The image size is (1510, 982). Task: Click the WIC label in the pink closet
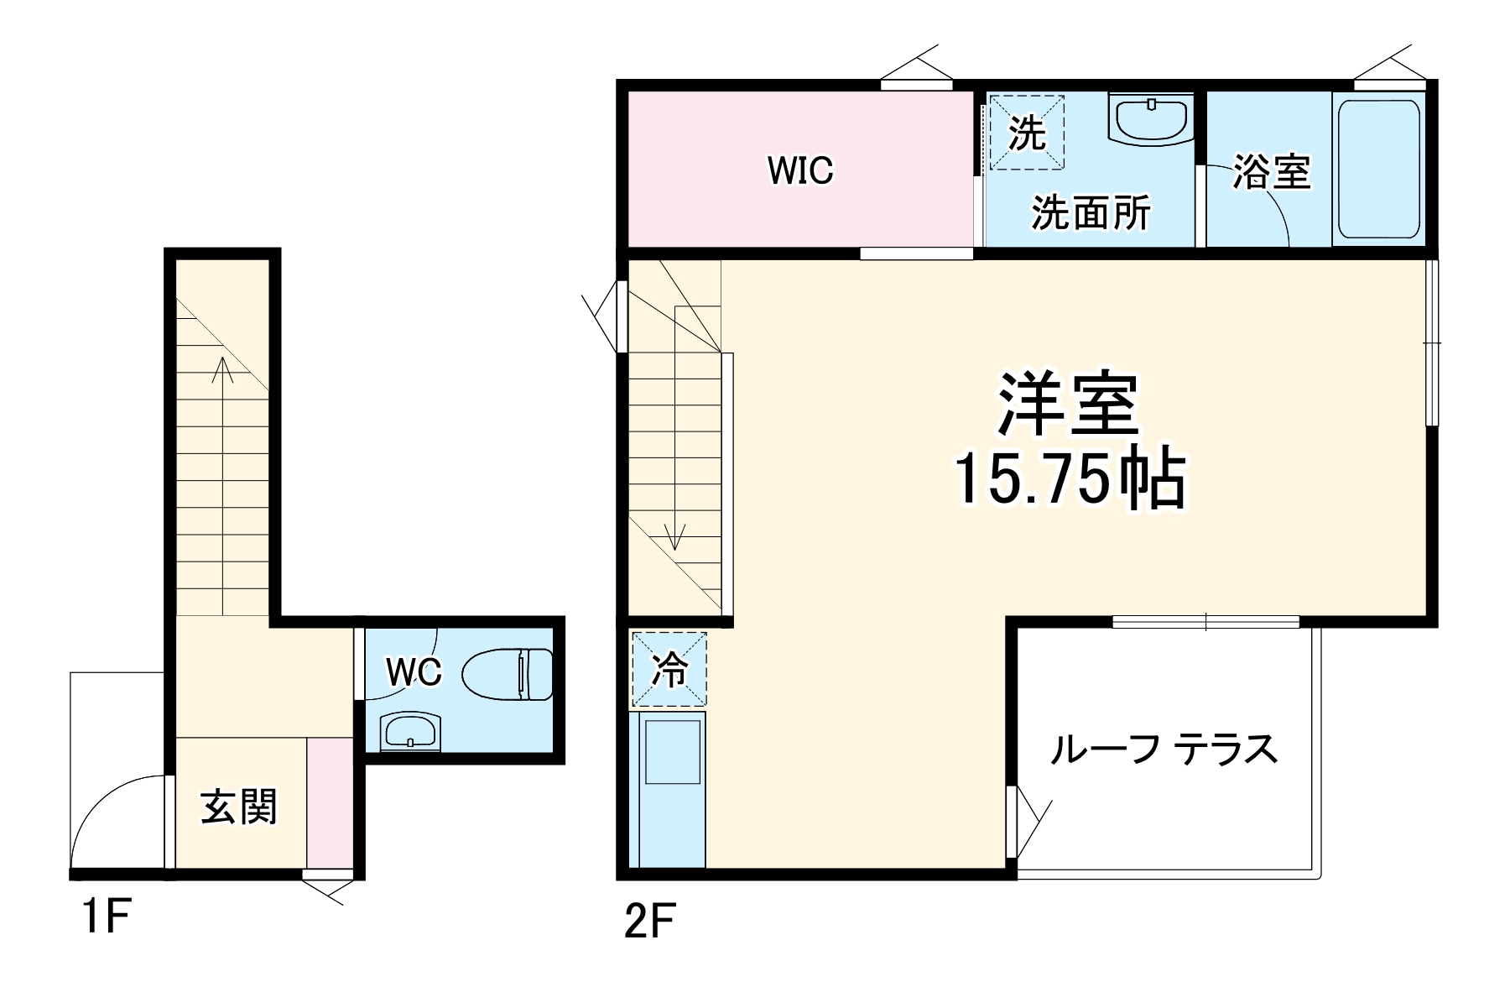click(x=800, y=170)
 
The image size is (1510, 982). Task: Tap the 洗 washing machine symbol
click(x=1027, y=133)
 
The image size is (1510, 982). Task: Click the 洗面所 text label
click(x=1091, y=213)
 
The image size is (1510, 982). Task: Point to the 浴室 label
click(x=1271, y=172)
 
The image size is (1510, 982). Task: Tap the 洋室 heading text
click(x=1068, y=405)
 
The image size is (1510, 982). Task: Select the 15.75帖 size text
click(x=1070, y=480)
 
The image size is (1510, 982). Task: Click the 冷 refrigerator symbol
click(x=669, y=669)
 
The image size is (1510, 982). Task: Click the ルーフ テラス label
click(x=1164, y=749)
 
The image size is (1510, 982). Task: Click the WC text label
click(x=413, y=671)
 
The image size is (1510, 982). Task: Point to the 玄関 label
click(x=238, y=807)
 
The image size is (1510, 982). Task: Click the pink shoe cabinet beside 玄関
click(x=330, y=803)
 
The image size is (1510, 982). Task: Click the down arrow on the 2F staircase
click(x=675, y=535)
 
